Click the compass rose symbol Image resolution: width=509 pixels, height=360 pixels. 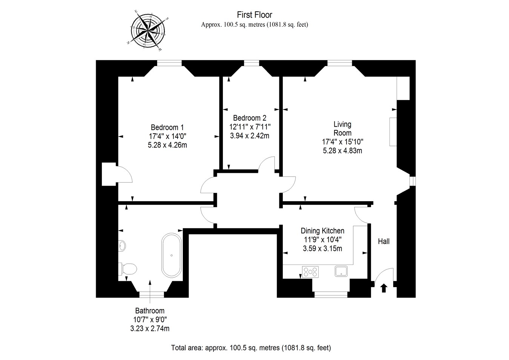tap(147, 29)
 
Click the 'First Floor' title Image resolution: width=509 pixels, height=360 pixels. tap(255, 15)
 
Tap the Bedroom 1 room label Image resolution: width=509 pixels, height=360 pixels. tap(167, 127)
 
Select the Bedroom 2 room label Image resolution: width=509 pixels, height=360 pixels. tap(250, 118)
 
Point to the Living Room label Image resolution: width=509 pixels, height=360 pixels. tap(342, 128)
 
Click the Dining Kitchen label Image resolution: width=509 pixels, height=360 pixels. tap(322, 231)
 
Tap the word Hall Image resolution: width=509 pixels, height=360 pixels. tap(384, 241)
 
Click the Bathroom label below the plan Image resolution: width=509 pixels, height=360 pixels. tap(150, 311)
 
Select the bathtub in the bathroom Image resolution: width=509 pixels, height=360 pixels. tap(172, 255)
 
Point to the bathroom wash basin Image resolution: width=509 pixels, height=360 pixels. tap(122, 246)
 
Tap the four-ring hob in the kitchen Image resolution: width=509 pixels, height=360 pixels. tap(310, 272)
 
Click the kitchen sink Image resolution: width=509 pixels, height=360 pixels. tap(341, 271)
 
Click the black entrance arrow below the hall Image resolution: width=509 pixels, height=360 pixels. tap(384, 288)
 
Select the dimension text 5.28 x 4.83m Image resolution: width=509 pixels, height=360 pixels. tap(342, 151)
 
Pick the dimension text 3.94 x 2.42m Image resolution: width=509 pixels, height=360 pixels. tap(250, 135)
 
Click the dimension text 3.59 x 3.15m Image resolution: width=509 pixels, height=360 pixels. tap(322, 248)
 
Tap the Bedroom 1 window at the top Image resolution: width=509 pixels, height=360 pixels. tap(170, 63)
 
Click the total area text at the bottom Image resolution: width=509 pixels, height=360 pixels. tap(251, 348)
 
